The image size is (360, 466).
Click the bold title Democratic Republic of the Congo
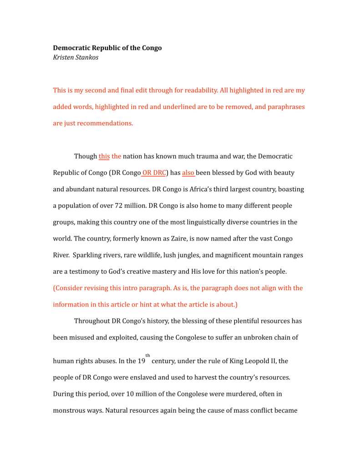pos(107,48)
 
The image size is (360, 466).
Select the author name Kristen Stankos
pos(76,58)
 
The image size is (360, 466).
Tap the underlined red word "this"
pos(104,156)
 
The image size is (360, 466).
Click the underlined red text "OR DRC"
pos(154,173)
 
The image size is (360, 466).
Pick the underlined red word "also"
pos(188,173)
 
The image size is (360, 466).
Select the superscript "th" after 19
pos(147,355)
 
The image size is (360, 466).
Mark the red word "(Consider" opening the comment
pos(68,288)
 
